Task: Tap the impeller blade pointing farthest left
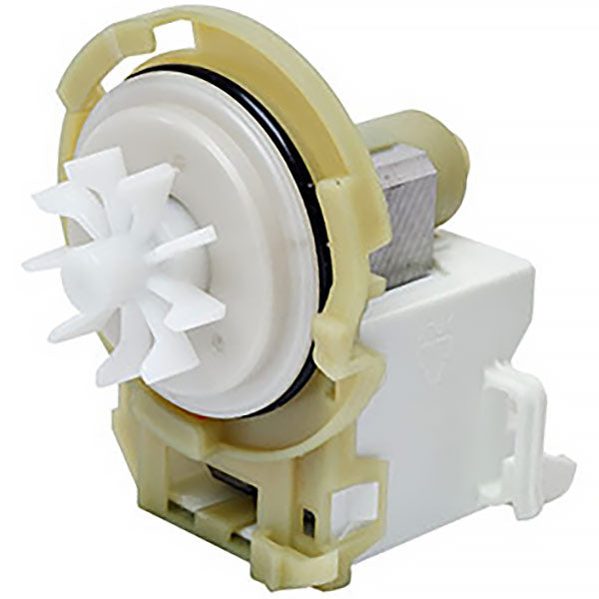coord(45,263)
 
